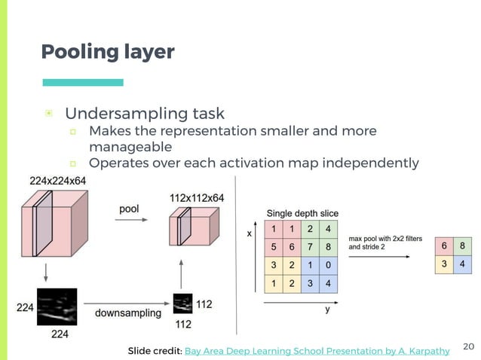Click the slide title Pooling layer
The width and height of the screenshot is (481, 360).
pos(108,52)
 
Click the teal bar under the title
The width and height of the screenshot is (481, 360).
pos(83,82)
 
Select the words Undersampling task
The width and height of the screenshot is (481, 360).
pos(145,114)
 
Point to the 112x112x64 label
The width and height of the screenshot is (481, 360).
pos(197,197)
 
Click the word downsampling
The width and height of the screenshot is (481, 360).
pos(128,313)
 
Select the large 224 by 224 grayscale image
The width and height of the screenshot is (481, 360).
pos(57,307)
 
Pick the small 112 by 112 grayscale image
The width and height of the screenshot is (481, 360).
pos(182,304)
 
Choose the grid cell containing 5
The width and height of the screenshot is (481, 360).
pos(275,246)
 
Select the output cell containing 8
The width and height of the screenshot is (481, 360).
pos(461,246)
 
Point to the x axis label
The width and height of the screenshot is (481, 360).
pos(250,233)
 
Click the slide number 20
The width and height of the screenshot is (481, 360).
pos(467,346)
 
